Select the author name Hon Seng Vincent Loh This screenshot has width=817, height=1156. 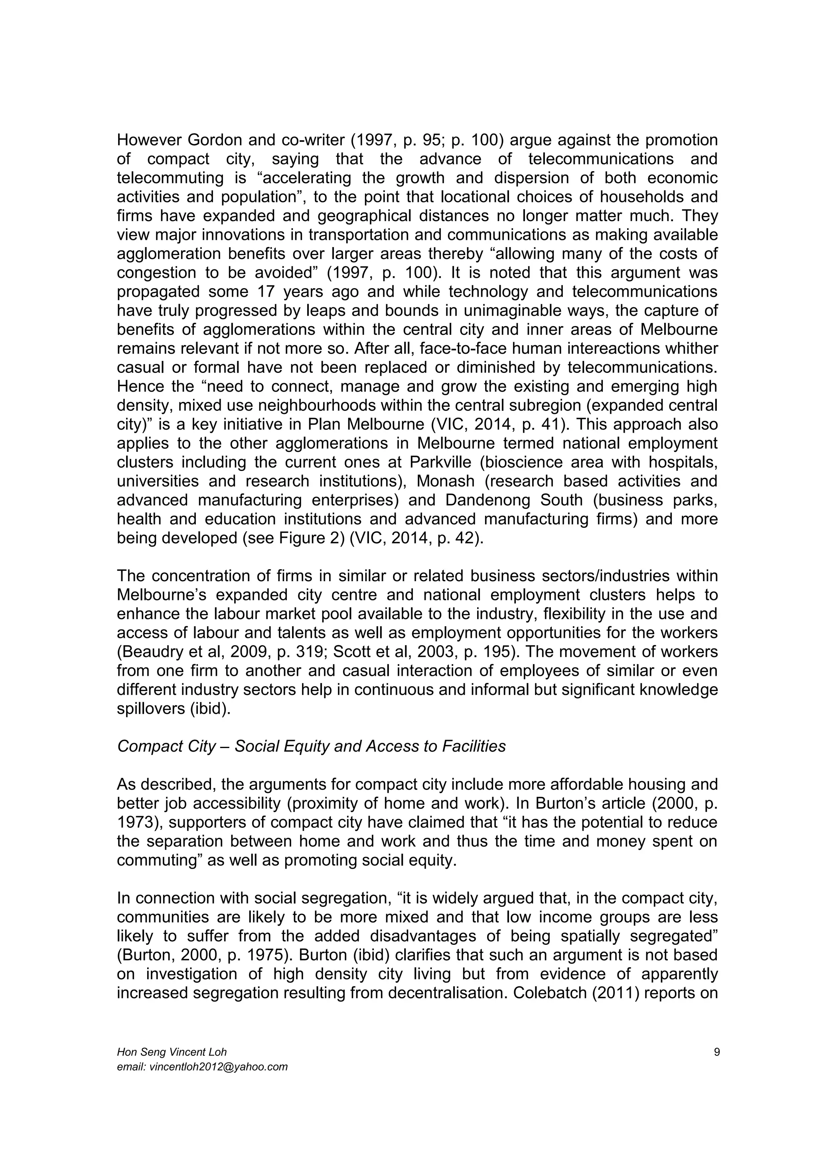click(172, 1052)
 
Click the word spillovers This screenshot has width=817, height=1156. click(150, 709)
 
